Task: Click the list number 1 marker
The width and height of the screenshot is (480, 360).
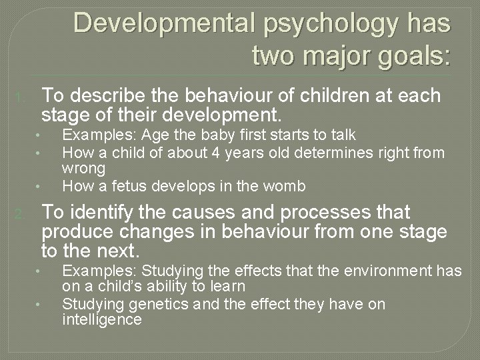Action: click(21, 99)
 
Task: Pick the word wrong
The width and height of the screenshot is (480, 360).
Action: click(83, 169)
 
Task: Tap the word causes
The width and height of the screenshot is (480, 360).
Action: click(215, 213)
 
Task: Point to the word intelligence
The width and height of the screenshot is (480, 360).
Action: click(101, 319)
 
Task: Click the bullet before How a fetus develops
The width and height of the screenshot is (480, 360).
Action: click(39, 186)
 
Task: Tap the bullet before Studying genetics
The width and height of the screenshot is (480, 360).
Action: click(39, 305)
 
